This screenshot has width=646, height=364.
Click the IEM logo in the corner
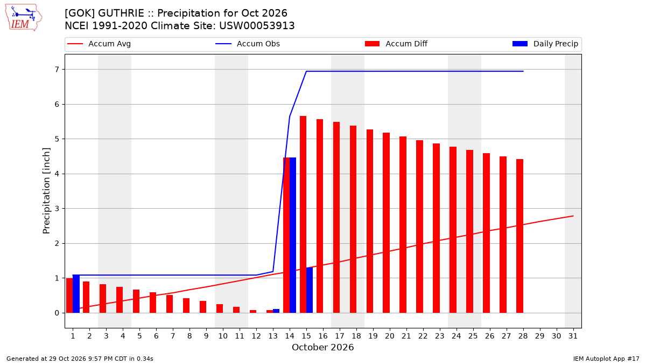coord(24,17)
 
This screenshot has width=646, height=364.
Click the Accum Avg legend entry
coord(99,44)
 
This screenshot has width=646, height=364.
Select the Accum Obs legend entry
coord(248,44)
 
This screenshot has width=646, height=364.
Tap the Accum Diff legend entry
coord(396,44)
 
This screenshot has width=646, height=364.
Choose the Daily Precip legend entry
coord(545,44)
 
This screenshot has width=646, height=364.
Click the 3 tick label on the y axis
coord(57,209)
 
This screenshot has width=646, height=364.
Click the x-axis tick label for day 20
coord(390,336)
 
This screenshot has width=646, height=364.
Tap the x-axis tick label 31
coord(573,336)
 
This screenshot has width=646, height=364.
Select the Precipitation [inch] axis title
coord(46,191)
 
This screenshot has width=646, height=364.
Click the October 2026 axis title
coord(322,347)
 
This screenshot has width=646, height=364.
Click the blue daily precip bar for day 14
coord(293,235)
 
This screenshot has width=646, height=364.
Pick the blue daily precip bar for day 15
coord(310,290)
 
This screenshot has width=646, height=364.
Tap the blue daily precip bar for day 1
coord(76,294)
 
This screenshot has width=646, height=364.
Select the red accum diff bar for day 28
coord(519,236)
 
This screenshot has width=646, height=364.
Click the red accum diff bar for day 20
coord(386,223)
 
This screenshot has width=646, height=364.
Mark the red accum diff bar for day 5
coord(136,301)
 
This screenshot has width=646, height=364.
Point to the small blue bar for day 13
coord(276,311)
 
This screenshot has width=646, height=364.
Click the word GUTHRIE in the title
coord(121,13)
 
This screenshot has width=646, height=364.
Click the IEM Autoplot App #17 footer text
coord(606,359)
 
